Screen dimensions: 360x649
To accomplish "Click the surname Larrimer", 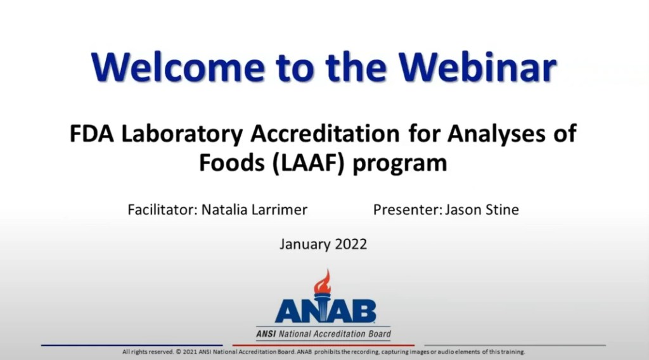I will pyautogui.click(x=281, y=210).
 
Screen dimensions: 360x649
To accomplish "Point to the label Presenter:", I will pyautogui.click(x=406, y=210).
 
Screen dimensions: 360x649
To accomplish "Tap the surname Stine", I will pyautogui.click(x=501, y=210).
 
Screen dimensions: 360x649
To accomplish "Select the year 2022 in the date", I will pyautogui.click(x=352, y=244).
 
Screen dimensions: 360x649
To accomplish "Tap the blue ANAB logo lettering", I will pyautogui.click(x=325, y=311).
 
